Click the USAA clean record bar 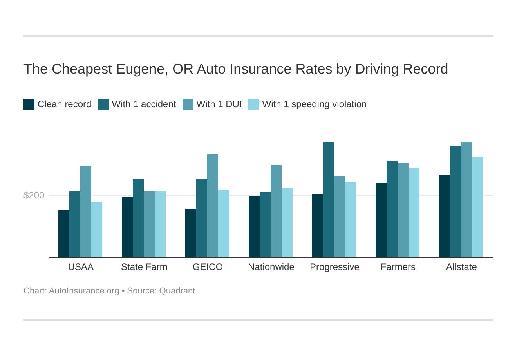pos(64,234)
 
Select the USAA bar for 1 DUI pos(86,211)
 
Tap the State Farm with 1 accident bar pos(138,218)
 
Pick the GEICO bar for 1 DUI pos(213,206)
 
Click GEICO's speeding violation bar pos(224,224)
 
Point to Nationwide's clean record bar pos(254,227)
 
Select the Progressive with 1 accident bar pos(329,200)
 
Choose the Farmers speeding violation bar pos(414,213)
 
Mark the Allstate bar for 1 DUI pos(466,200)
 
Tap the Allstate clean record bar pos(445,216)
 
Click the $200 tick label pos(34,195)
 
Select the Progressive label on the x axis pos(334,267)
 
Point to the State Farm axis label pos(144,267)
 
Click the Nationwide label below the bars pos(271,267)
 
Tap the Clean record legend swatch pos(29,104)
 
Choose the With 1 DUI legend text pos(219,104)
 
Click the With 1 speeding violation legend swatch pos(254,104)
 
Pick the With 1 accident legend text pos(144,104)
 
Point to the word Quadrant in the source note pos(177,291)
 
